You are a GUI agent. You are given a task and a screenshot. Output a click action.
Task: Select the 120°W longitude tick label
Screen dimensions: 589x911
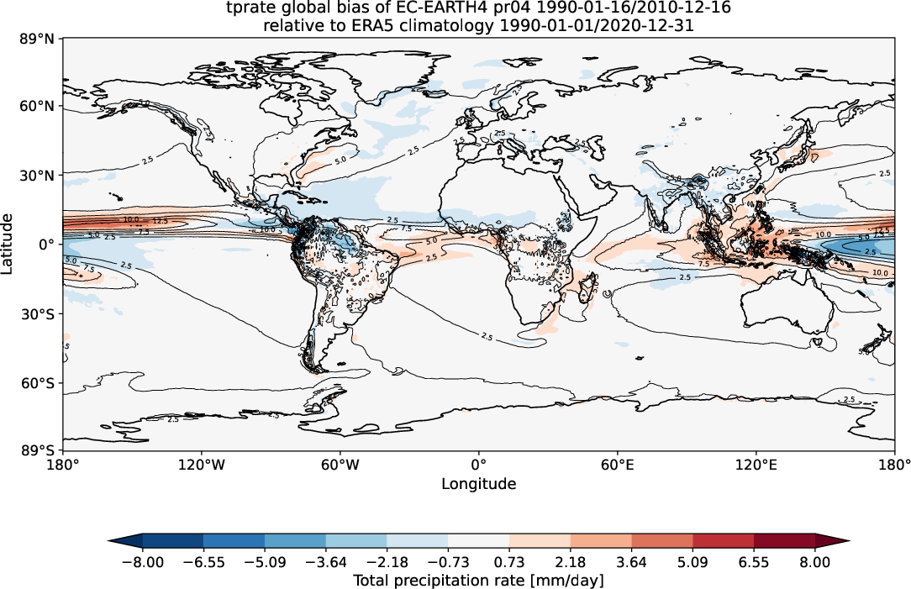click(x=202, y=464)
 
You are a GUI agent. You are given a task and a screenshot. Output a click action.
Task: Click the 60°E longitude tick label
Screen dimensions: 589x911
click(x=617, y=464)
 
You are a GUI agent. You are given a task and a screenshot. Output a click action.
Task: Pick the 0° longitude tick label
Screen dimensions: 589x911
click(x=478, y=464)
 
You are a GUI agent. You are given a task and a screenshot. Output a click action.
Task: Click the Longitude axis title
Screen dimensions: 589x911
click(x=478, y=484)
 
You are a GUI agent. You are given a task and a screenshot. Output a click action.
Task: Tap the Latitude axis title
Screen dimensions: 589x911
click(x=8, y=243)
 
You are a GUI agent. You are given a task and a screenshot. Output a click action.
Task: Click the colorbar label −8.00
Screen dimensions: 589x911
click(x=143, y=562)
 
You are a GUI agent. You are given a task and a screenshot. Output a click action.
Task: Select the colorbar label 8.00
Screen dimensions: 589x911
click(x=815, y=562)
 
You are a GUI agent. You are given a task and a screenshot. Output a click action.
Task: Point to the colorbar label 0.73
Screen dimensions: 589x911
click(x=509, y=562)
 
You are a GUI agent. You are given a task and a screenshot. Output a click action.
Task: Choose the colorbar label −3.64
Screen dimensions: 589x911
click(x=326, y=562)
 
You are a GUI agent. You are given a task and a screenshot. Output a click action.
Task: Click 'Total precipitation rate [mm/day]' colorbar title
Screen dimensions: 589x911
click(x=478, y=580)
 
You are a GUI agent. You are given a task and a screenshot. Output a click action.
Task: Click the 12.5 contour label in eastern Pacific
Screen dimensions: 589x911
click(x=161, y=221)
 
